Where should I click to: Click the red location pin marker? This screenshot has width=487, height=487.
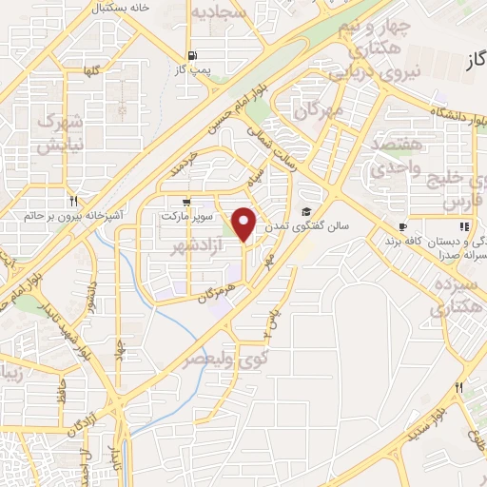click(x=244, y=224)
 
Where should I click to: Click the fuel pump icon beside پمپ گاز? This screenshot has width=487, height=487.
click(x=194, y=55)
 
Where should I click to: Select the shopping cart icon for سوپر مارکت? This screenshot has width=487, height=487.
click(x=185, y=202)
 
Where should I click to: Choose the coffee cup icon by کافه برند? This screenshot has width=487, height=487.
click(x=402, y=226)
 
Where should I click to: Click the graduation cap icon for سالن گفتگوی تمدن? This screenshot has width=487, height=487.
click(x=306, y=211)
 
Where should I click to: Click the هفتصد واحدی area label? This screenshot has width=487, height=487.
click(x=406, y=154)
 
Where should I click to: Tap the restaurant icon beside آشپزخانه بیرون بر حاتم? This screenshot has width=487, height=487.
click(x=73, y=202)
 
